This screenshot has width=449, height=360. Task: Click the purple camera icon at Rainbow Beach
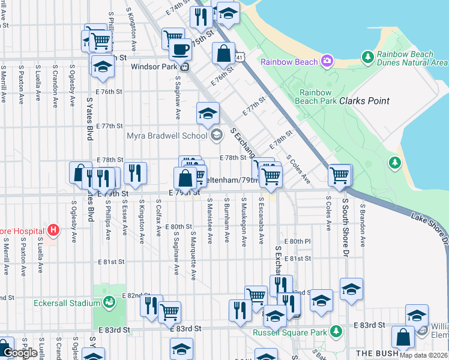click(x=327, y=61)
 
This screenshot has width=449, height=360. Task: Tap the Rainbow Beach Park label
click(x=316, y=97)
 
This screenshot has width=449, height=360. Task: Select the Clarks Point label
click(x=364, y=101)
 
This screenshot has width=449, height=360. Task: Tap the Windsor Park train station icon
click(x=185, y=67)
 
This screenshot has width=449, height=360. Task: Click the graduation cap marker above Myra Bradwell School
click(x=208, y=113)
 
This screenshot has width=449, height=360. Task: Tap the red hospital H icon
click(x=53, y=230)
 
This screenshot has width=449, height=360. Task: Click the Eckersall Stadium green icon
click(x=109, y=303)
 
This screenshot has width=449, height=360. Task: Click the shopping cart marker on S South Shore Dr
click(x=340, y=175)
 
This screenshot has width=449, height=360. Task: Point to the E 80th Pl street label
click(x=298, y=241)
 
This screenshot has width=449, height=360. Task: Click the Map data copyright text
click(x=423, y=355)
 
